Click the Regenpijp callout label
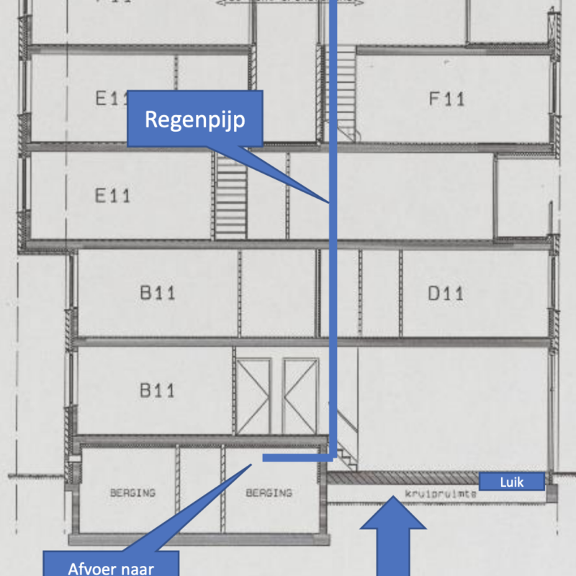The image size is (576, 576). [x=194, y=119]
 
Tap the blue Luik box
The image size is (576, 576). [x=510, y=481]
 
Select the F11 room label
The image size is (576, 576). [x=446, y=99]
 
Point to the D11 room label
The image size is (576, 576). [x=446, y=293]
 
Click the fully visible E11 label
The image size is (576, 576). [x=113, y=194]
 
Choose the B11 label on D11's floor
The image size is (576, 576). [x=157, y=293]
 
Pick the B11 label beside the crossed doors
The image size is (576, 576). [x=157, y=391]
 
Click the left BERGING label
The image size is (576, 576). [x=132, y=493]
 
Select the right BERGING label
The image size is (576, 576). [x=269, y=493]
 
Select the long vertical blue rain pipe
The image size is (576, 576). [x=333, y=288]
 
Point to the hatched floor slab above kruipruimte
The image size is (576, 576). [x=403, y=478]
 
